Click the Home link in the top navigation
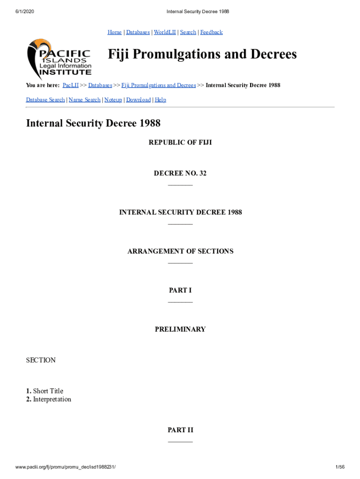[x=115, y=32]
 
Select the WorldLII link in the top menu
[x=164, y=32]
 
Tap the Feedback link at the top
[x=211, y=32]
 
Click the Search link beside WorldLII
[x=188, y=32]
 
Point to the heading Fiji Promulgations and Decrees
[x=202, y=54]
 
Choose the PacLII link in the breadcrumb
[x=70, y=85]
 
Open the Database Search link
[x=45, y=100]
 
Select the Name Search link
[x=84, y=100]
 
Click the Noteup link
[x=113, y=100]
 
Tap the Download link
[x=138, y=100]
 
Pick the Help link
[x=160, y=100]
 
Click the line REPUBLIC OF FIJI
[x=180, y=142]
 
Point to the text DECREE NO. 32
[x=180, y=174]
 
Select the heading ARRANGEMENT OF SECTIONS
[x=180, y=251]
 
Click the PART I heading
[x=180, y=290]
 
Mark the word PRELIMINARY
[x=180, y=329]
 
